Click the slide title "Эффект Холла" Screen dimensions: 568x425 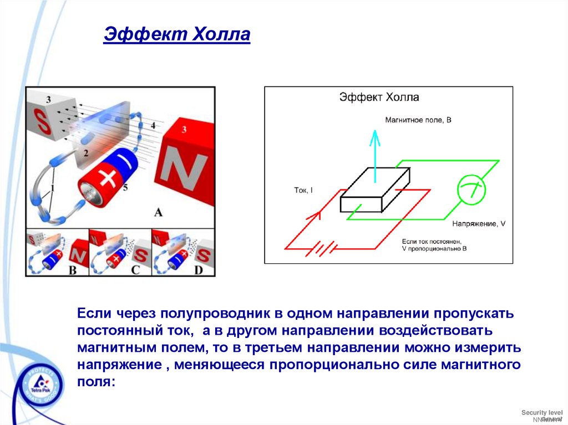[x=177, y=36]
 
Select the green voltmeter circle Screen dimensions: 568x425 [x=471, y=190]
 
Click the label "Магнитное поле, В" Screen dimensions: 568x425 [x=419, y=120]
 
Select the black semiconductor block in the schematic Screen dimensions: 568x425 [x=375, y=190]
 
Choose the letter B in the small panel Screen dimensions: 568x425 [x=73, y=270]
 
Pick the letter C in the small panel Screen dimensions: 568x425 [x=135, y=270]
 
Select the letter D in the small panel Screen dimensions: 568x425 [x=198, y=270]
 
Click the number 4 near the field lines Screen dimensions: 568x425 [x=153, y=126]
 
